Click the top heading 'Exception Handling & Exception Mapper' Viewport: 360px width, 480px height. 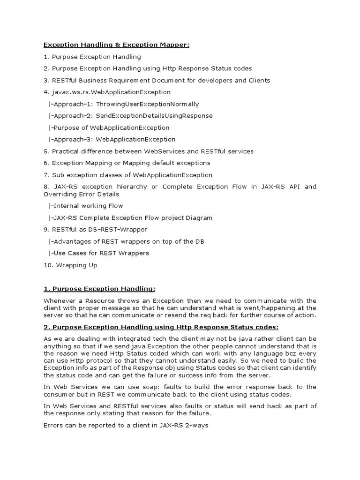pos(117,45)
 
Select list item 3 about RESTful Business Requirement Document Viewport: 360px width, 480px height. pos(157,81)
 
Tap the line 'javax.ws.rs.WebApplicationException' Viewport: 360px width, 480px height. pos(107,92)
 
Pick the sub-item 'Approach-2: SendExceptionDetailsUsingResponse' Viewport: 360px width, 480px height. pos(130,116)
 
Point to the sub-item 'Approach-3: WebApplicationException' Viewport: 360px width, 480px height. pos(112,139)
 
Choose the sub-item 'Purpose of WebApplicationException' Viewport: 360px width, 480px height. pos(109,127)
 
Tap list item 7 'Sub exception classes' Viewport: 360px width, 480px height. pos(128,175)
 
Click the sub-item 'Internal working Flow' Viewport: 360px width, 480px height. pos(86,206)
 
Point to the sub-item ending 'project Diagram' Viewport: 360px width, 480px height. pos(130,218)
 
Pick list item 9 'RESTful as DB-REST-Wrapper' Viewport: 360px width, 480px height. pos(95,230)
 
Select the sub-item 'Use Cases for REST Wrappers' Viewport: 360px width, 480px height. pos(98,253)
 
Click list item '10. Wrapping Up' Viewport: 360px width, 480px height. pos(70,265)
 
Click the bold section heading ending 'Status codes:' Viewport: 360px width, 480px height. pos(161,327)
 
